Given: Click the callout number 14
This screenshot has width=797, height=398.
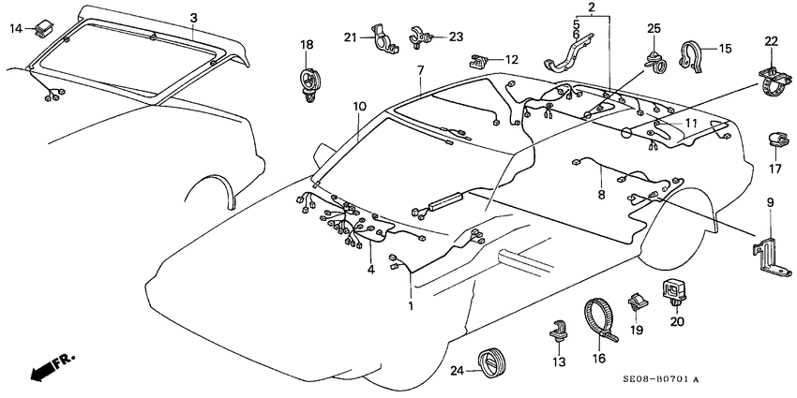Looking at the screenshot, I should [x=16, y=30].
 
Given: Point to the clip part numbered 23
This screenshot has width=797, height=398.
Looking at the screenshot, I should [x=419, y=37].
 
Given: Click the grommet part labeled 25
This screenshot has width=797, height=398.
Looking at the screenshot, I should [x=654, y=61].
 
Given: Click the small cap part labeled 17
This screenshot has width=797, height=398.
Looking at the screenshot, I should [x=774, y=140].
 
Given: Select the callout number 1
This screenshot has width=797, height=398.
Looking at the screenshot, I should [x=409, y=306].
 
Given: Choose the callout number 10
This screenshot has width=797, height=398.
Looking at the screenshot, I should [x=358, y=108].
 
